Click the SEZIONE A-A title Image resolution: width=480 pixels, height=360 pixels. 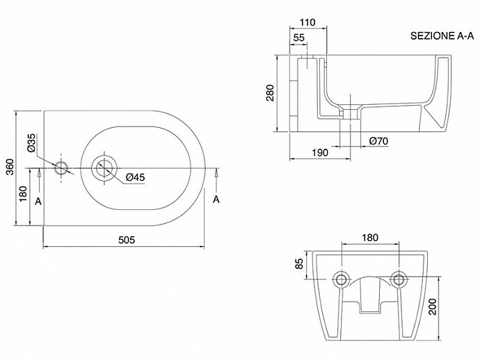[442, 35]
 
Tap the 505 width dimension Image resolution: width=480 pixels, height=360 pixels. [127, 240]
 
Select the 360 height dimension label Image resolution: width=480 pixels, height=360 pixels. [10, 167]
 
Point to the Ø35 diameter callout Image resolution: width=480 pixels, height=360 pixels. [31, 143]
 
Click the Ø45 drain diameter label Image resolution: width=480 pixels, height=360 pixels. [135, 177]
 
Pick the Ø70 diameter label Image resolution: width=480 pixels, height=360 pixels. [378, 141]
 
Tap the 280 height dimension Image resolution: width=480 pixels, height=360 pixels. [271, 92]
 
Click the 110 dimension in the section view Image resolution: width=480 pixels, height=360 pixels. [307, 22]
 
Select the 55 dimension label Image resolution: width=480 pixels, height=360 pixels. [298, 38]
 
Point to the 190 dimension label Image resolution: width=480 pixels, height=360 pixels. [320, 152]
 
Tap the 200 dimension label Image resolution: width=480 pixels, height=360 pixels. [432, 306]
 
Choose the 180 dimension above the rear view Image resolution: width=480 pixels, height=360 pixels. [370, 238]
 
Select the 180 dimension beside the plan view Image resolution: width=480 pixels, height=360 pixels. [23, 194]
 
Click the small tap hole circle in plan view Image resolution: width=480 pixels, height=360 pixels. [61, 168]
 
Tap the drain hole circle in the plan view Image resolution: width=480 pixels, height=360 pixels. [104, 168]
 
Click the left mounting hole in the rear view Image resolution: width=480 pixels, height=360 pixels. [340, 279]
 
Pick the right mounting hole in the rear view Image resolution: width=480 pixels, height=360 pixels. [399, 279]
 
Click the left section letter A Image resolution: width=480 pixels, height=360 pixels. [38, 202]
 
